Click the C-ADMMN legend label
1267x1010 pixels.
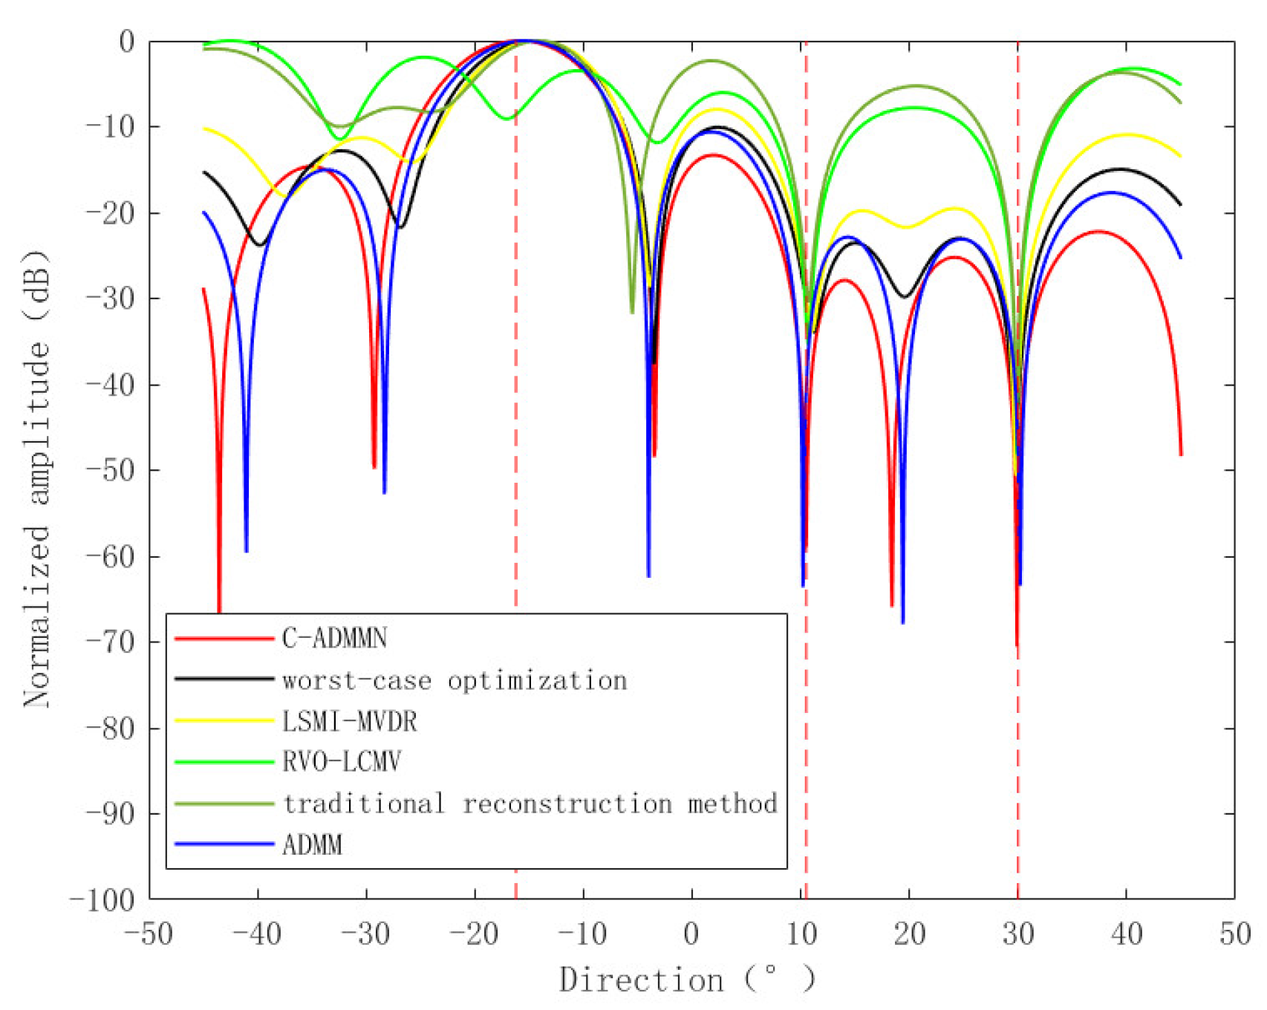coord(334,638)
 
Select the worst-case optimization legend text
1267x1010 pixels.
coord(455,680)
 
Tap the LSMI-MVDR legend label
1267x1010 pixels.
coord(349,721)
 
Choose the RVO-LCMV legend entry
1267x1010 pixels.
coord(342,762)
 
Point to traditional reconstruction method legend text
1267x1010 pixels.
coord(530,804)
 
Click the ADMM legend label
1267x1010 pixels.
coord(312,845)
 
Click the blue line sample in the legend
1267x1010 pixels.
coord(224,844)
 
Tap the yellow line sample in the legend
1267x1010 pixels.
coord(224,721)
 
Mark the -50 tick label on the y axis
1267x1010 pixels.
coord(111,471)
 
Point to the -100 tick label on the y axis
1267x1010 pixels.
coord(102,900)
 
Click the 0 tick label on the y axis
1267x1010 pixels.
coord(127,42)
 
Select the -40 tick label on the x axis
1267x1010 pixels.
coord(257,934)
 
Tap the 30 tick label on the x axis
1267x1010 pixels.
coord(1017,934)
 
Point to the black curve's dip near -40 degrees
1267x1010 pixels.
coord(260,244)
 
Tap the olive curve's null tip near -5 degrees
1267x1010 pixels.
coord(633,311)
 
